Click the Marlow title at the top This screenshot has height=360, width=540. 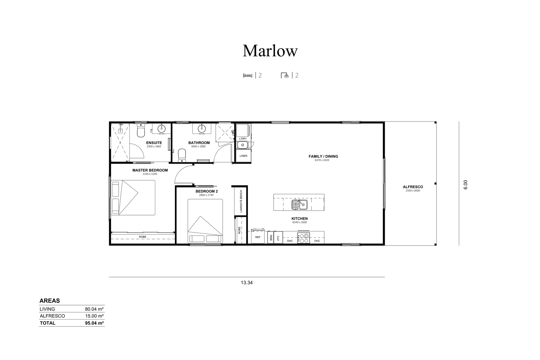tap(270, 51)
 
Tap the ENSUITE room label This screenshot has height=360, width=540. tap(154, 143)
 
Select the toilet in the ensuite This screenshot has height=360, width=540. tap(141, 131)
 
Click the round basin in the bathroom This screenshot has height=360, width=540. tap(202, 129)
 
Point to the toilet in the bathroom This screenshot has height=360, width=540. tap(182, 156)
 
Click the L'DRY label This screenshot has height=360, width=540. tap(243, 139)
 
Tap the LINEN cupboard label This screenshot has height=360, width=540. tap(243, 156)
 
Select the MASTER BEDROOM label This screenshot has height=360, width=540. tap(150, 170)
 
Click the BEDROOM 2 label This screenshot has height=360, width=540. tap(207, 191)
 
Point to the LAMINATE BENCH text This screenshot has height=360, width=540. tap(241, 201)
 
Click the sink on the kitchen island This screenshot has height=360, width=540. tap(299, 204)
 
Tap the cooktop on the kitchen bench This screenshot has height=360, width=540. tap(303, 238)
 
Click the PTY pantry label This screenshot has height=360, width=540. tap(278, 238)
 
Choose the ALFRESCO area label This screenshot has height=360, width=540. tap(413, 187)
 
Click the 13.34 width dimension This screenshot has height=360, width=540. tap(247, 283)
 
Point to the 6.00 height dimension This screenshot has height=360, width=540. tap(465, 184)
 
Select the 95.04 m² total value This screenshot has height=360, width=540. tap(94, 323)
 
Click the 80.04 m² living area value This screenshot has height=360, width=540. tap(94, 309)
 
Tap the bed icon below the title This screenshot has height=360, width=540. tap(248, 75)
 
